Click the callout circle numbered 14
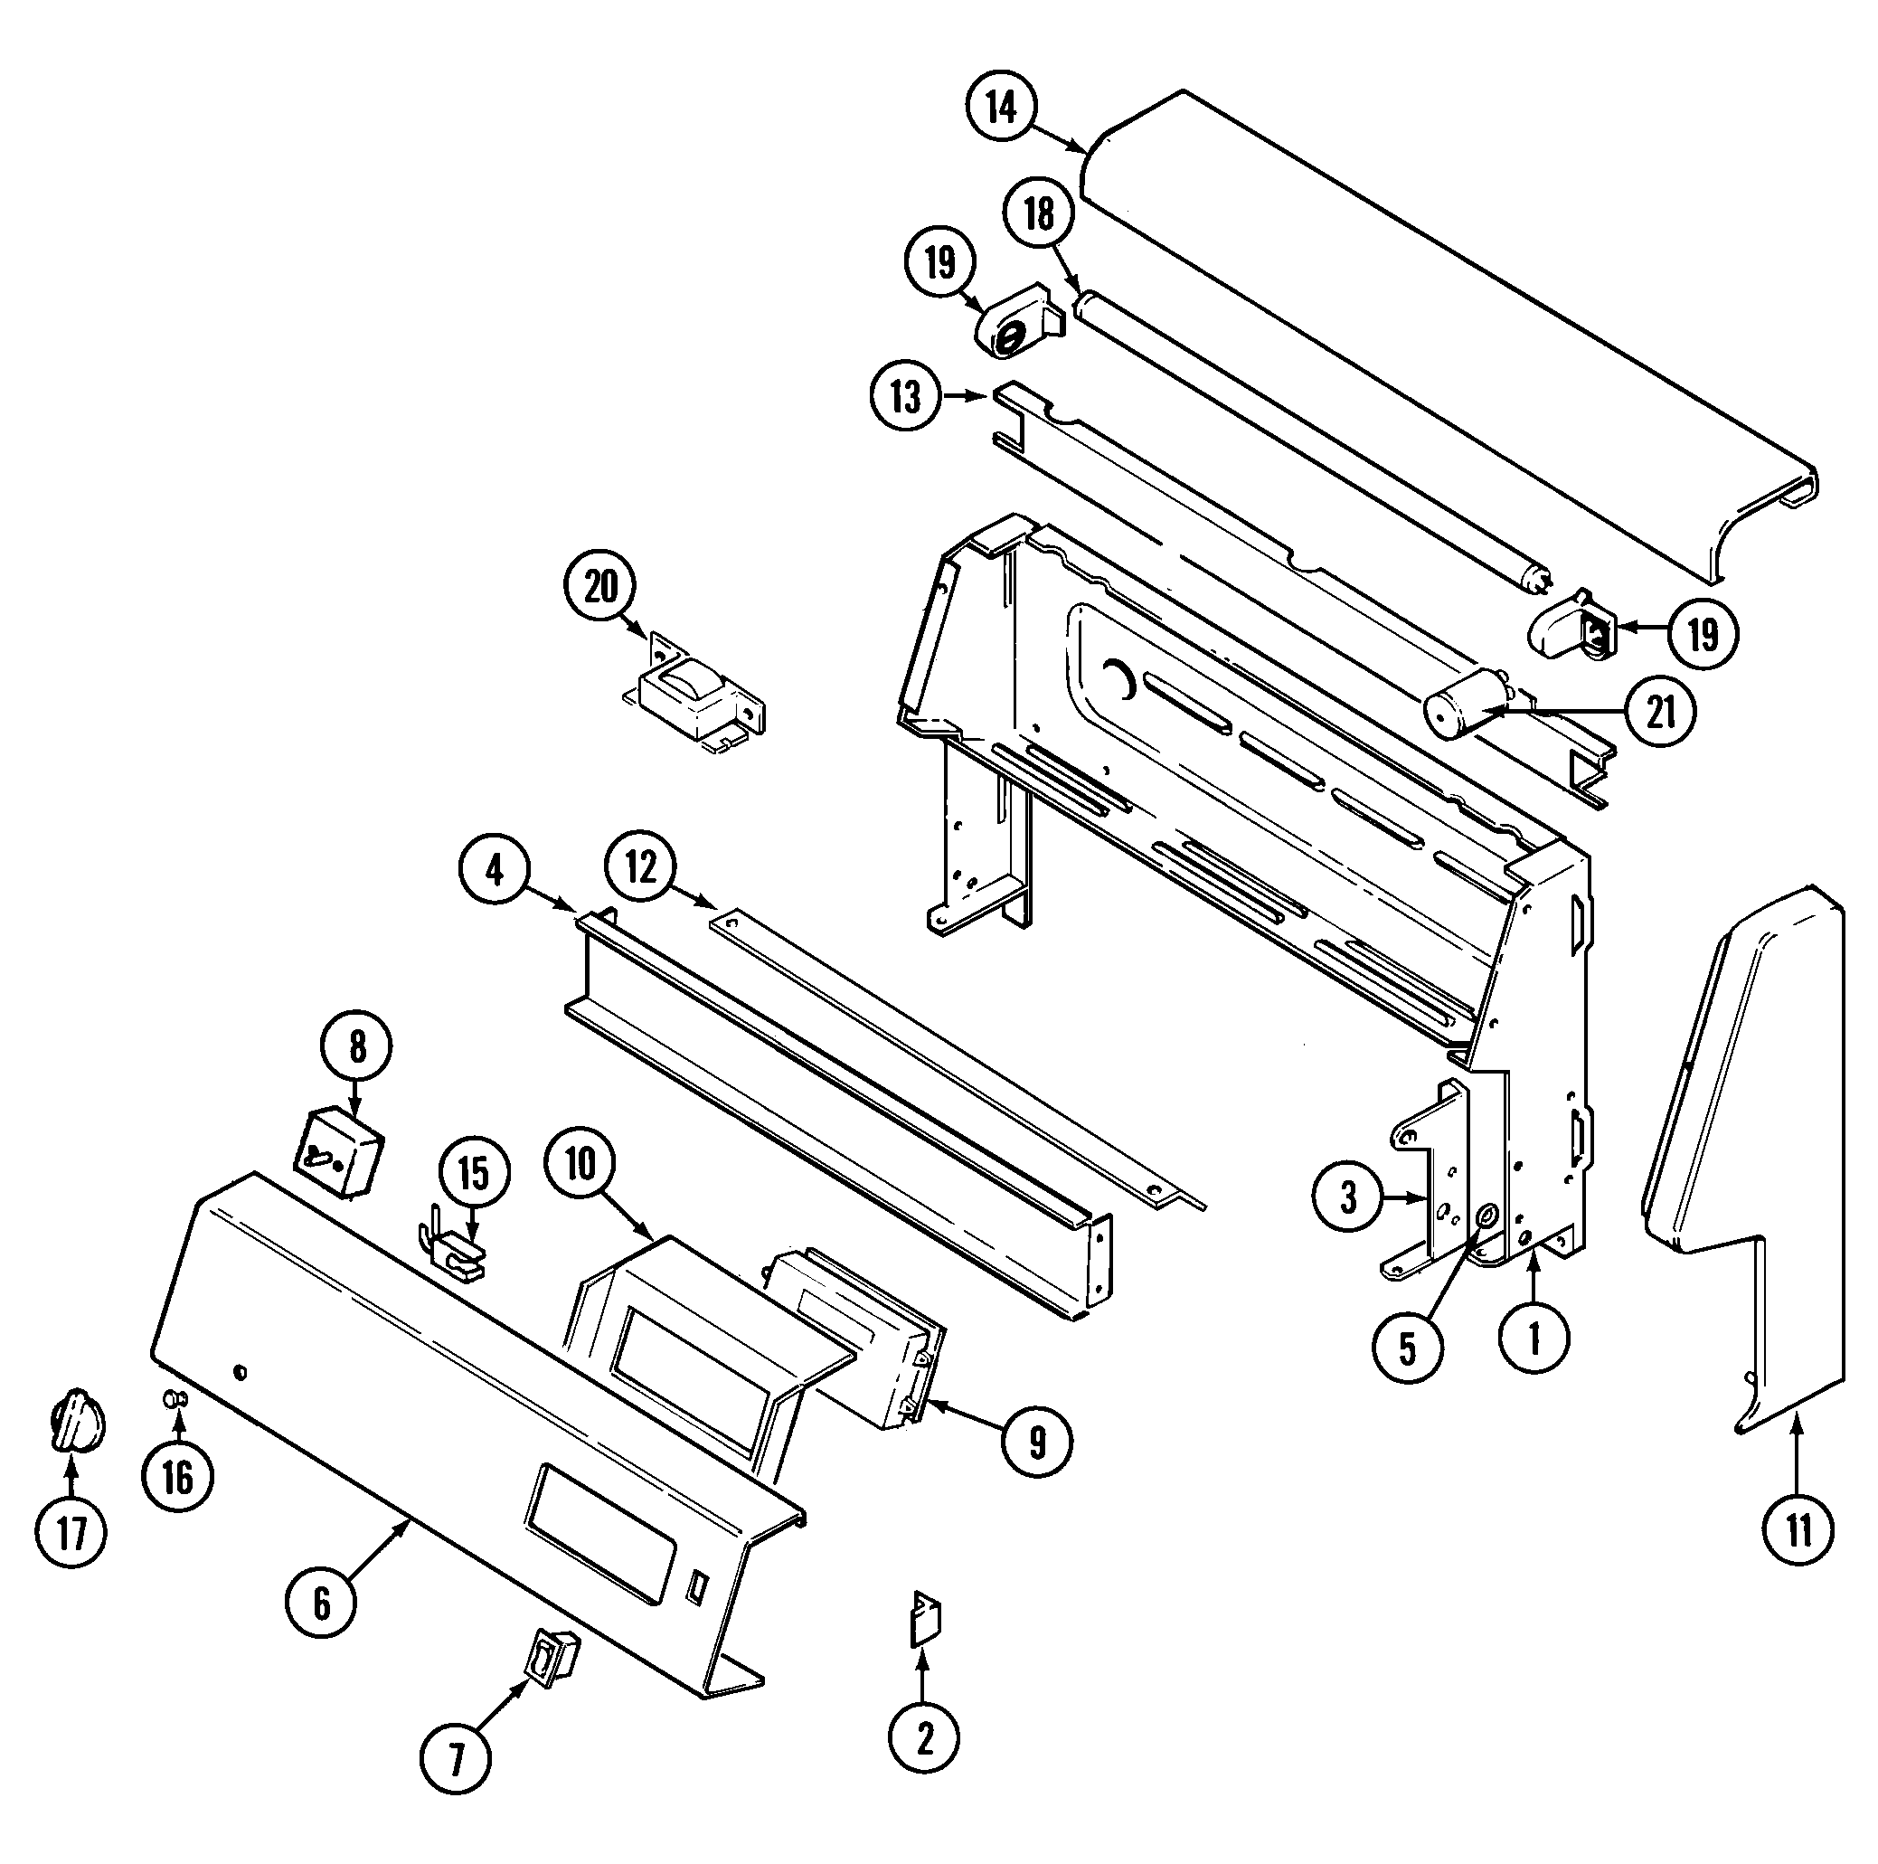pyautogui.click(x=1002, y=107)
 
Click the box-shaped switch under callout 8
pyautogui.click(x=339, y=1152)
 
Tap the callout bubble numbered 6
pyautogui.click(x=322, y=1603)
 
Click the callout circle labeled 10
pyautogui.click(x=580, y=1163)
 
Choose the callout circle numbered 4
pyautogui.click(x=495, y=870)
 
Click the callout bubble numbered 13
pyautogui.click(x=906, y=397)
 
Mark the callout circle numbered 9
pyautogui.click(x=1037, y=1442)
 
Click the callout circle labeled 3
pyautogui.click(x=1348, y=1198)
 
